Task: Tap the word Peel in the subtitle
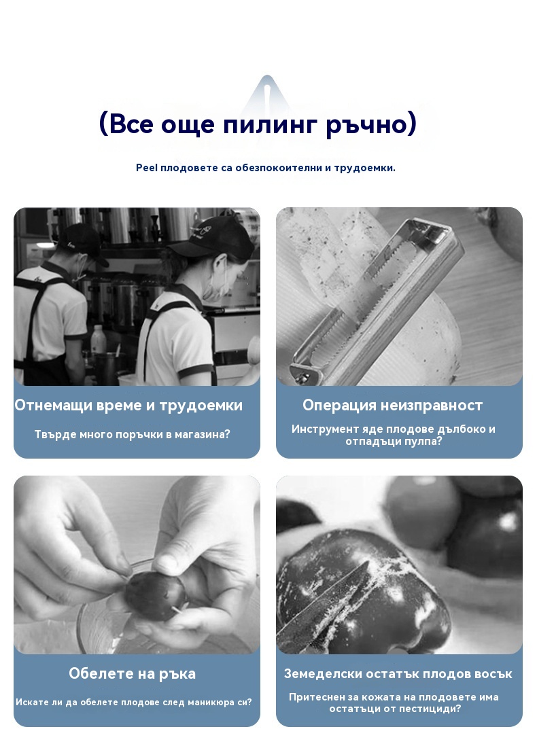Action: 147,167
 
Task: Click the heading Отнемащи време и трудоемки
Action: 128,406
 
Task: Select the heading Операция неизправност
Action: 393,406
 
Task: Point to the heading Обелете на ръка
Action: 132,674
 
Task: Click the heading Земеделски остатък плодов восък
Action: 398,674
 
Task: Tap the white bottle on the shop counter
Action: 98,339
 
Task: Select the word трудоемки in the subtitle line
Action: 364,168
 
